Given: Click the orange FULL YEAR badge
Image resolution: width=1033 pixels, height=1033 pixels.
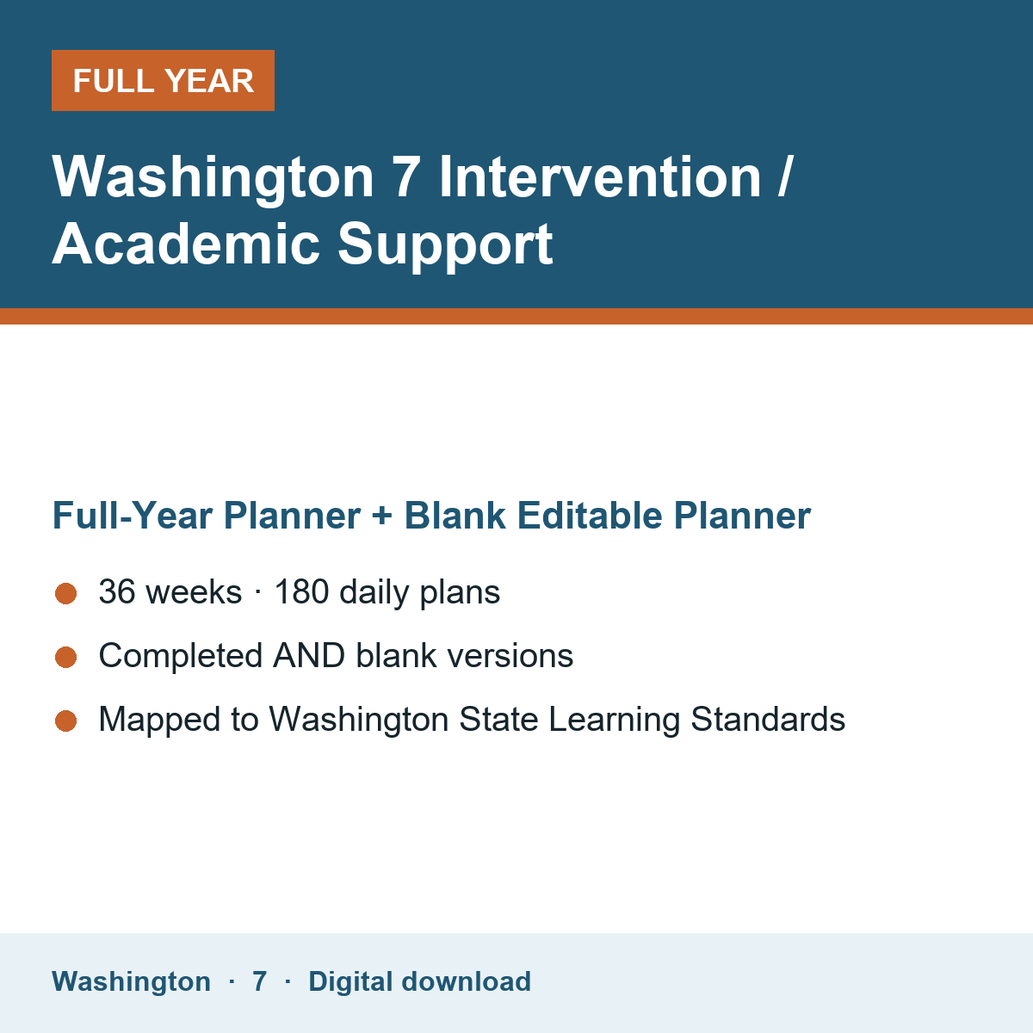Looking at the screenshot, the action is pos(163,80).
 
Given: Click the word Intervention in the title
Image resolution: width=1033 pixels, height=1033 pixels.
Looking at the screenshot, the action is pos(600,177).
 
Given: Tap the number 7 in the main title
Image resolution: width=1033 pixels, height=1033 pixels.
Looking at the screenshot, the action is pos(405,177).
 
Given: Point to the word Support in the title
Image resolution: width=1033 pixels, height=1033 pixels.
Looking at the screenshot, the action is pos(445,246).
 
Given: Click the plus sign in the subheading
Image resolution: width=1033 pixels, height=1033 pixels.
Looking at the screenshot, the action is pos(381,516).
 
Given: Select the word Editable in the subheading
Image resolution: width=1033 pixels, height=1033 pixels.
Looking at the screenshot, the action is pos(590,516).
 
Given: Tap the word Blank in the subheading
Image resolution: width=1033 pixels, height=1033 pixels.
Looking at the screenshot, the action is pos(455,516).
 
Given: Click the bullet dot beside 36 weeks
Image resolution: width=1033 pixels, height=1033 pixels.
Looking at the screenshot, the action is pos(66,593).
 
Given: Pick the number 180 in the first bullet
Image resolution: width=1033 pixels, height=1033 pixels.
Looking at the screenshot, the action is pos(301,591).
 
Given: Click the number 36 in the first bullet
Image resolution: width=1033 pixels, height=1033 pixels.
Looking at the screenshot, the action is pos(117,591).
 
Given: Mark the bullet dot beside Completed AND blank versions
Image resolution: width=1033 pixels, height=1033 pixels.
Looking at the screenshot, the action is pos(66,657).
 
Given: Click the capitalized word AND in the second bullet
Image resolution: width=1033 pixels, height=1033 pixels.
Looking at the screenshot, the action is pos(309,656).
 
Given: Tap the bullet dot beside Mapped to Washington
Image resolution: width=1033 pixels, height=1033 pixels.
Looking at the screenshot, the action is pos(66,721).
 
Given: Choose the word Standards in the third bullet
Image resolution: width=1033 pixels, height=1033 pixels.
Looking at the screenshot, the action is pos(768,719).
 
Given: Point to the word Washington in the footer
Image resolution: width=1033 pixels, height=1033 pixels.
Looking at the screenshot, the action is pos(132,981).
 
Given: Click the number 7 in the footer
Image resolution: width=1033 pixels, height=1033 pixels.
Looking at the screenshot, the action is pos(259,981).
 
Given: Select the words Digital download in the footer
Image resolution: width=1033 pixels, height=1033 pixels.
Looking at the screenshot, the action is pos(420,982).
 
